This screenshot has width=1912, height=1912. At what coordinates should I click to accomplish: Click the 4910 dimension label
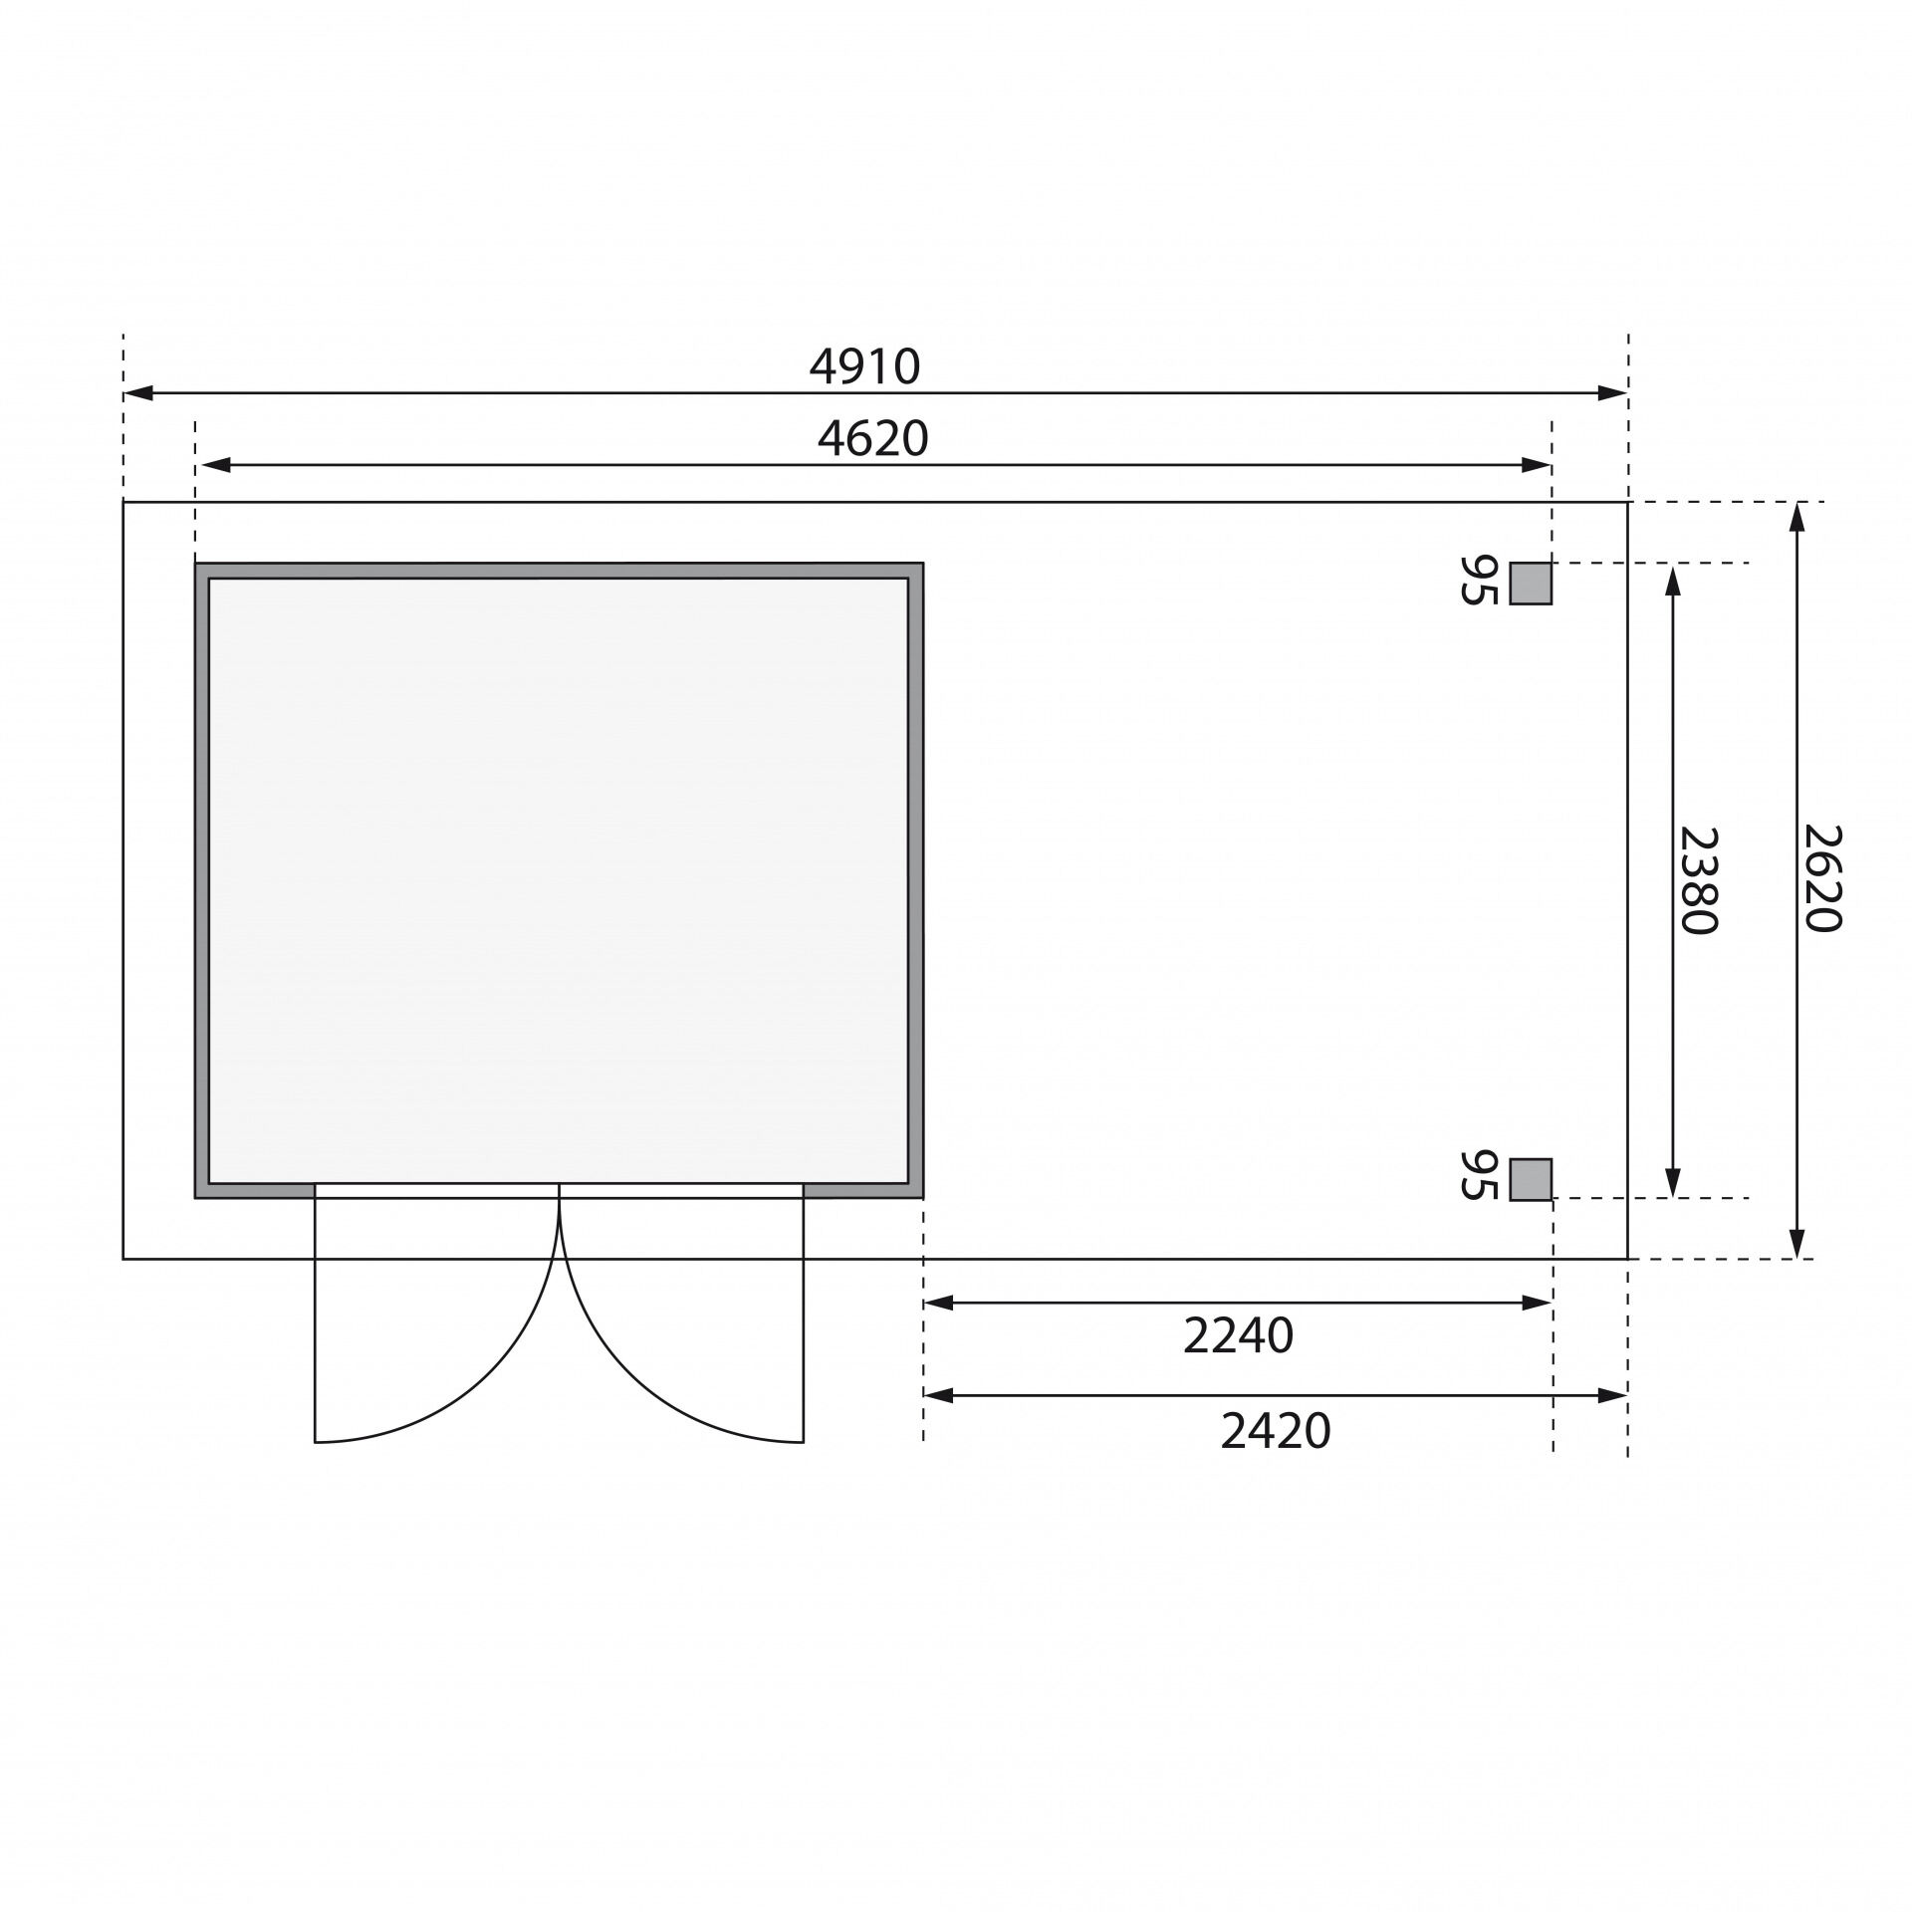[x=864, y=366]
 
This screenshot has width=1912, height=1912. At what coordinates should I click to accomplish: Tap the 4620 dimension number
[x=872, y=438]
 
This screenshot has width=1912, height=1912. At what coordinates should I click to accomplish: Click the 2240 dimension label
[x=1238, y=1336]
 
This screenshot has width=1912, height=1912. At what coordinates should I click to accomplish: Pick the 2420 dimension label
[x=1276, y=1432]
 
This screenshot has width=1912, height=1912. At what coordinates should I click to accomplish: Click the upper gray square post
[x=1531, y=584]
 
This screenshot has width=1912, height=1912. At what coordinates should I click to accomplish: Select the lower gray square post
[x=1531, y=1179]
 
